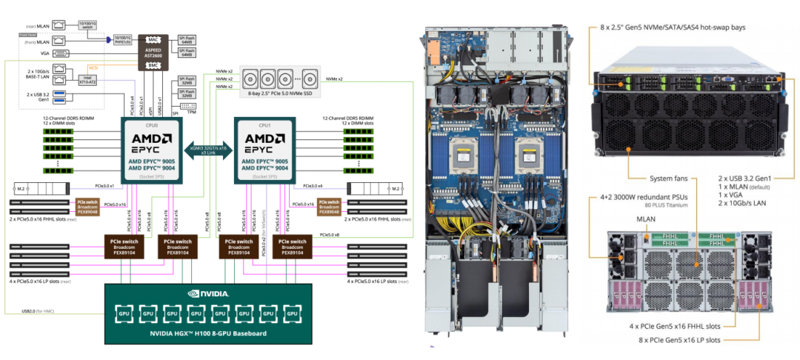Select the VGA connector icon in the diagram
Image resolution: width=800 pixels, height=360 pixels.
click(x=63, y=53)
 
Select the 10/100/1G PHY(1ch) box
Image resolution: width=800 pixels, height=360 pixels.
click(x=122, y=39)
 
